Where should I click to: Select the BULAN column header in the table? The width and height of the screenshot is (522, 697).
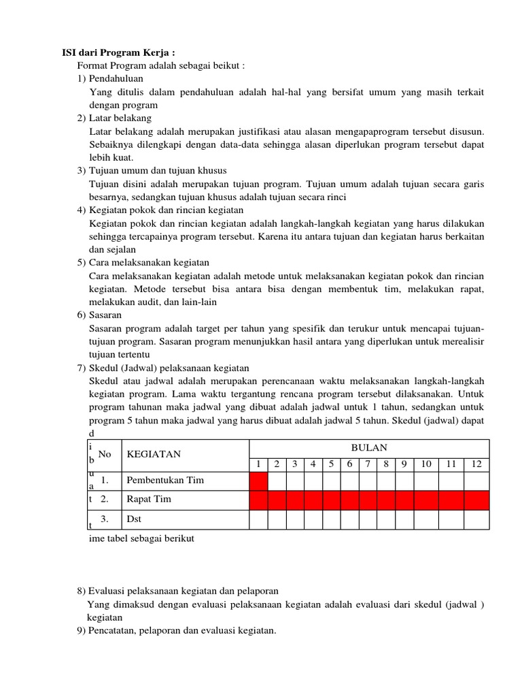368,447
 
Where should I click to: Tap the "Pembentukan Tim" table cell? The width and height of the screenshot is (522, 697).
165,480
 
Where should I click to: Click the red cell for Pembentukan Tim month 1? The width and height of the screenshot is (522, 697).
258,481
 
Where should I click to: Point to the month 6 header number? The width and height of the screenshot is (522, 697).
349,464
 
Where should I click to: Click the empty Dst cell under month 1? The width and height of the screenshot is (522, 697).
258,519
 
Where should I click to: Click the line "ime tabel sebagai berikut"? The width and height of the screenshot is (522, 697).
142,538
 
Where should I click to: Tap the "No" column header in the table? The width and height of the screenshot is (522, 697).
105,454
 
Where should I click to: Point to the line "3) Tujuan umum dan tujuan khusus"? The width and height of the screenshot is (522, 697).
151,170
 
